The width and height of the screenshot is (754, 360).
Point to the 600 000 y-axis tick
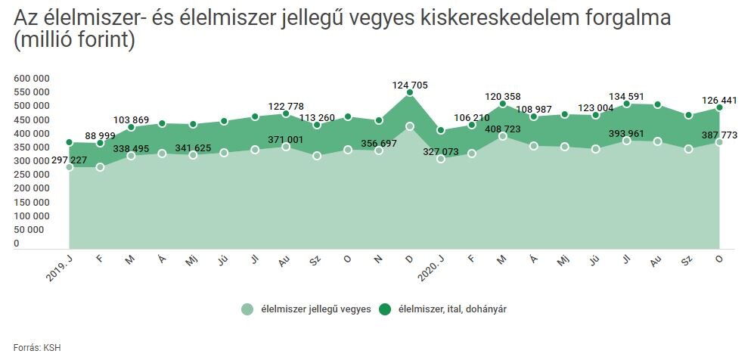pyautogui.click(x=32, y=78)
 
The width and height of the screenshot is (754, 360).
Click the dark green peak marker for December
pyautogui.click(x=410, y=92)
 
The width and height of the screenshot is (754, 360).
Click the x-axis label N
pyautogui.click(x=378, y=259)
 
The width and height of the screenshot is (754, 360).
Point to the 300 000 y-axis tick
pyautogui.click(x=32, y=160)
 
